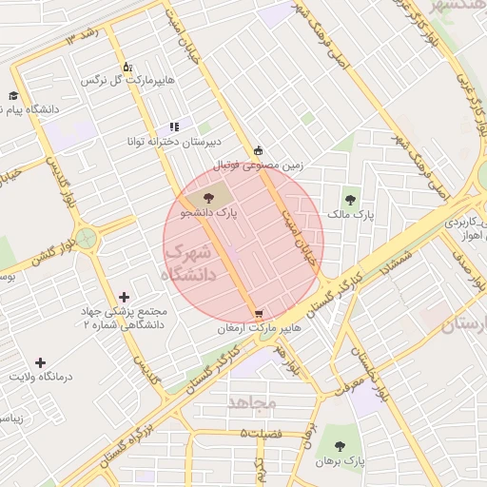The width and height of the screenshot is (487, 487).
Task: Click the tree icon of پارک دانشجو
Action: [x=208, y=197]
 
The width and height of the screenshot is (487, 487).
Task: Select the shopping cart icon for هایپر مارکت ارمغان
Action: [x=259, y=314]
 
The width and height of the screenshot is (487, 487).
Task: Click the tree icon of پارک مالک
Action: [x=351, y=200]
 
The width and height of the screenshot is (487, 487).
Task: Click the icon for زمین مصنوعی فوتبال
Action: [x=259, y=150]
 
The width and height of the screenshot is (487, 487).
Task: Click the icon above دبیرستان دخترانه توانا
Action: [x=174, y=126]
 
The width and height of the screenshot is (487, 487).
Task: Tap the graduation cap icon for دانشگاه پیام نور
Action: [x=13, y=95]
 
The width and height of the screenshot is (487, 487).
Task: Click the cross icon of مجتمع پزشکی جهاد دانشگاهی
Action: [x=125, y=298]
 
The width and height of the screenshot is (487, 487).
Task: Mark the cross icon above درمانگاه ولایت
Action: [x=40, y=362]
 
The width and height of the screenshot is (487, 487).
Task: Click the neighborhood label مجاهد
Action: [x=252, y=402]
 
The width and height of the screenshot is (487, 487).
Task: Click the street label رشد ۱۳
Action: [x=83, y=39]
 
